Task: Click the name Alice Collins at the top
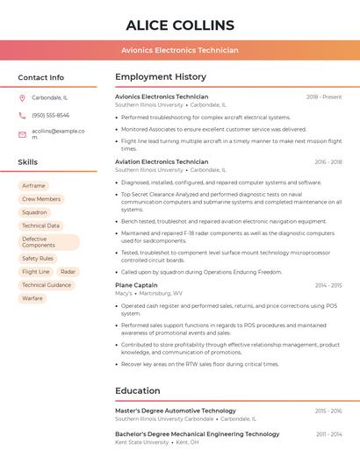tap(180, 25)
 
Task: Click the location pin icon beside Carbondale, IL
tap(22, 98)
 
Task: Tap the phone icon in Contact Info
tap(22, 115)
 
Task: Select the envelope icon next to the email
tap(22, 134)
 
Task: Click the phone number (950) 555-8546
tap(50, 115)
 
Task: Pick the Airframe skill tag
tap(33, 186)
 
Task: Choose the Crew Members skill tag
tap(41, 199)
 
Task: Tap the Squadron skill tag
tap(34, 212)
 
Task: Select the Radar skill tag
tap(68, 272)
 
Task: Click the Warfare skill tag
tap(32, 298)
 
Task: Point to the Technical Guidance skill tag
tap(47, 285)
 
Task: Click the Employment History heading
tap(161, 77)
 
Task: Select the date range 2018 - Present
tap(324, 97)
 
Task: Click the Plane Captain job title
tap(136, 285)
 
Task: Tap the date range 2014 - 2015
tap(328, 285)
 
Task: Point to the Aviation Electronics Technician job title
tap(162, 162)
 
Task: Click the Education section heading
tap(137, 390)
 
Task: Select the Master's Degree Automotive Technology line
tap(176, 411)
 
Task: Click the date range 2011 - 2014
tap(328, 434)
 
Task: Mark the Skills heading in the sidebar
tap(28, 162)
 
